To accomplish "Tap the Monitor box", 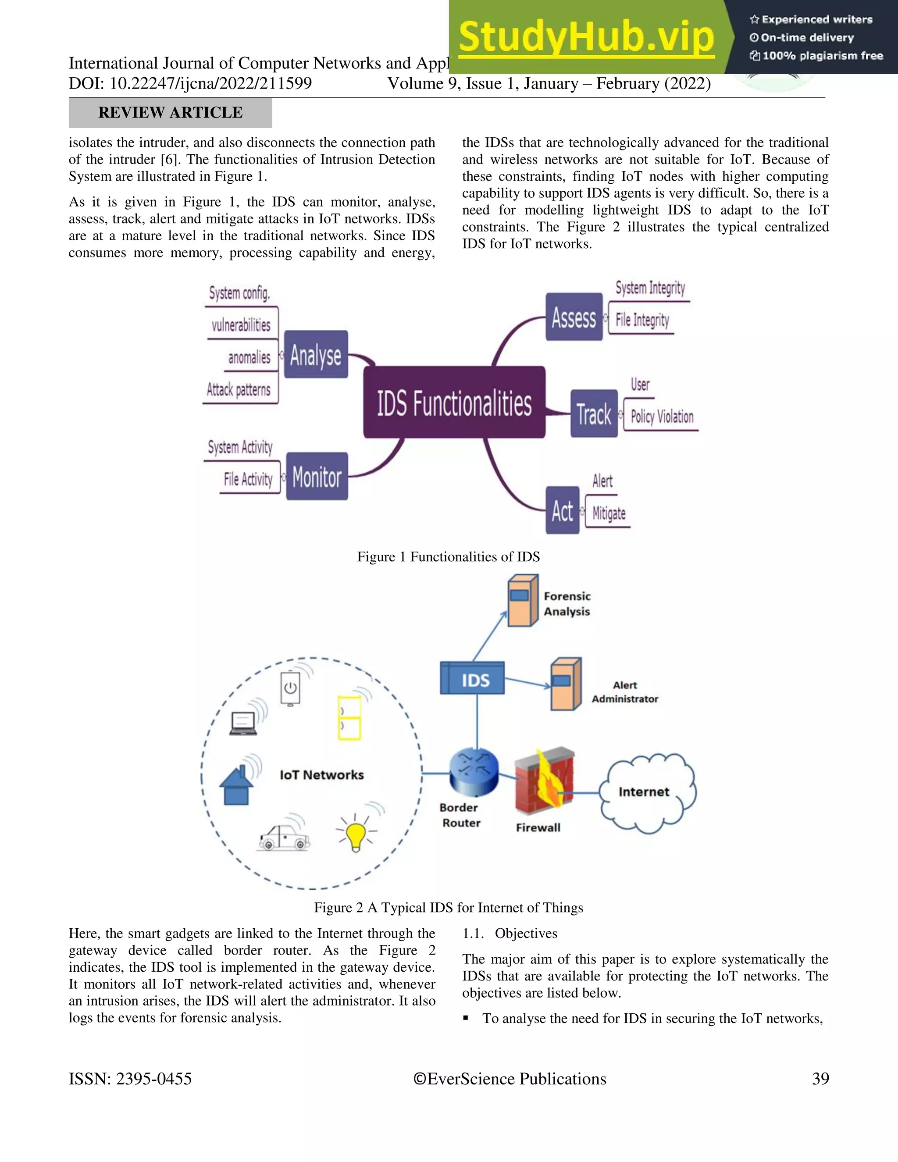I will [x=317, y=476].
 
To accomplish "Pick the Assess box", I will [x=574, y=317].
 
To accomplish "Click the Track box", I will [x=594, y=414].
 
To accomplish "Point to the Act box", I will [x=562, y=510].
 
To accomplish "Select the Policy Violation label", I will [x=662, y=417].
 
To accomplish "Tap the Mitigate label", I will [x=609, y=513].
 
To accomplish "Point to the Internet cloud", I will [x=646, y=792].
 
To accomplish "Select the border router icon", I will [x=474, y=770].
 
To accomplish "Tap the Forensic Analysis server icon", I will [x=522, y=600].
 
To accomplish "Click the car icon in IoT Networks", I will [x=284, y=838].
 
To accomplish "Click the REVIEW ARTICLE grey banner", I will [x=170, y=113].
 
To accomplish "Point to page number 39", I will [x=820, y=1079].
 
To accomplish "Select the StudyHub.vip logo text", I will [x=586, y=37].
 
